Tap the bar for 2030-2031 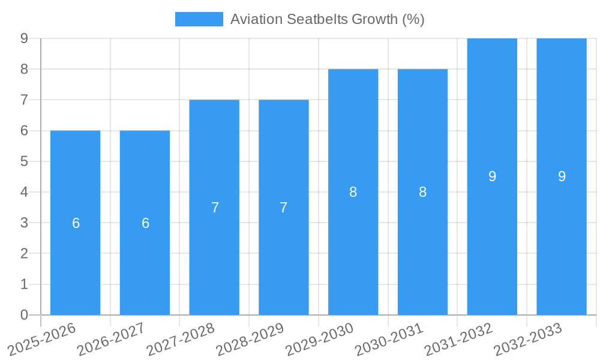[x=422, y=252]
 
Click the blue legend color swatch [x=199, y=19]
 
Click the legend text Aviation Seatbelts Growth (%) [x=327, y=19]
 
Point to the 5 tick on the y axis [x=24, y=161]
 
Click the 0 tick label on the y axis [x=24, y=315]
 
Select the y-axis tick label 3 [x=24, y=223]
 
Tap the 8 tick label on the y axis [x=24, y=69]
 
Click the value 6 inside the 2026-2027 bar [x=145, y=223]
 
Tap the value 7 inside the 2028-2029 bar [x=284, y=208]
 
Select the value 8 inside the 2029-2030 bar [x=353, y=192]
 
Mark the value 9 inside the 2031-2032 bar [x=492, y=176]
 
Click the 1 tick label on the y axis [x=24, y=284]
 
